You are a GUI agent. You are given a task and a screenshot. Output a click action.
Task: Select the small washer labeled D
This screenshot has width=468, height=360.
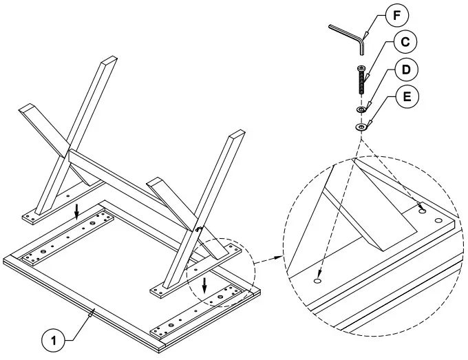coord(361,109)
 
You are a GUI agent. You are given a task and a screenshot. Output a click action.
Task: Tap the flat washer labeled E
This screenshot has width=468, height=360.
coord(361,127)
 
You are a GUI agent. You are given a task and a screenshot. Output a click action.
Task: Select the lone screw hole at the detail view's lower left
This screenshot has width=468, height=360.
coord(318,281)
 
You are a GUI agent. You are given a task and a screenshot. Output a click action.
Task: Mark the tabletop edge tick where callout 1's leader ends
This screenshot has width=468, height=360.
coord(93,312)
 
